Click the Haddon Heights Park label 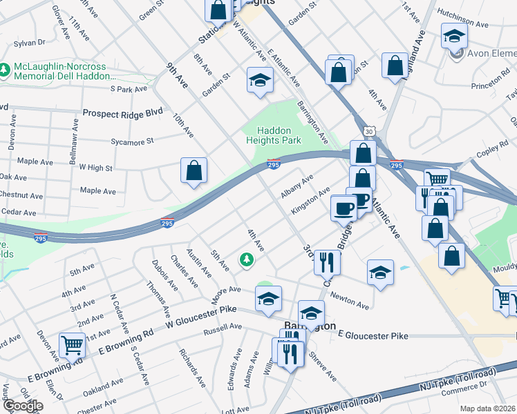click(x=274, y=135)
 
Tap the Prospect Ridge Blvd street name click(x=122, y=112)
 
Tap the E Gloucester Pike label click(x=373, y=336)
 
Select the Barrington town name click(x=311, y=326)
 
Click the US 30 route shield click(x=367, y=131)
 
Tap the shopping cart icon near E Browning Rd click(x=73, y=345)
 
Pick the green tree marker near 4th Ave click(x=245, y=259)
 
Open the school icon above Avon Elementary click(x=454, y=35)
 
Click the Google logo click(x=22, y=405)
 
